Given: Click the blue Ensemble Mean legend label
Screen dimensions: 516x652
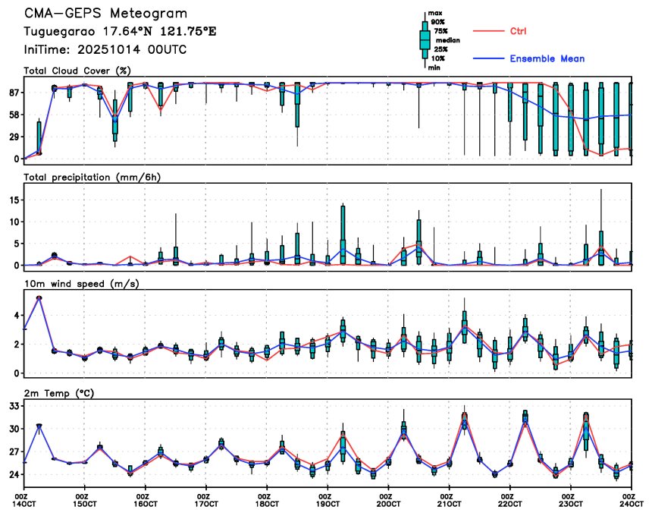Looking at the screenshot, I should pyautogui.click(x=547, y=58).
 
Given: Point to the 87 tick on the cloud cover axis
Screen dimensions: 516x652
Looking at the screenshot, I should pyautogui.click(x=13, y=93).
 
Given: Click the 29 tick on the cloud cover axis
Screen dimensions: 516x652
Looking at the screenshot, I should pyautogui.click(x=13, y=137).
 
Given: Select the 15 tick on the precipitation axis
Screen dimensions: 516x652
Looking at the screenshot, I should pyautogui.click(x=13, y=200).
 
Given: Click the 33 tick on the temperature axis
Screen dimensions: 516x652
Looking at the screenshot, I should pyautogui.click(x=13, y=407).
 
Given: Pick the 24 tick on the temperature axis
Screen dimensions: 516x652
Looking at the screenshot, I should pyautogui.click(x=13, y=476).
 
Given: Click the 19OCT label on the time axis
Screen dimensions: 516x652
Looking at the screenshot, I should pyautogui.click(x=328, y=503).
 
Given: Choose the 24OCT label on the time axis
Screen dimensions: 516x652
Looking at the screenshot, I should pyautogui.click(x=631, y=503).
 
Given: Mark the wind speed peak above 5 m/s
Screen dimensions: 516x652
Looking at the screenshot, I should pyautogui.click(x=39, y=297).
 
